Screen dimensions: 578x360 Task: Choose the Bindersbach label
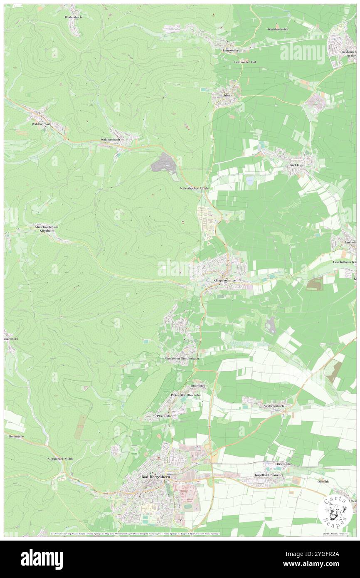tap(73, 17)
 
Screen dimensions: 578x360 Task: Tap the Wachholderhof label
tap(280, 30)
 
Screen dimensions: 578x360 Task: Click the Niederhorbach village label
tap(274, 405)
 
